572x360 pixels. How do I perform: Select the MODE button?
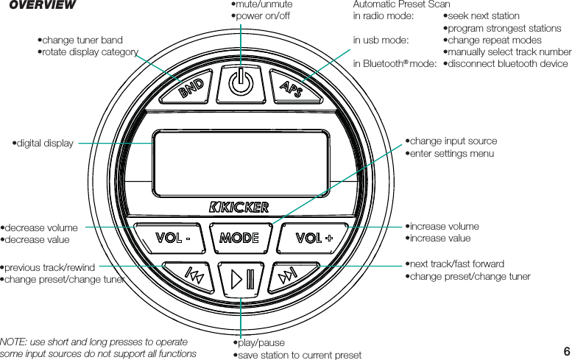[240, 238]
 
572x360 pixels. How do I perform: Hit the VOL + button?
[314, 238]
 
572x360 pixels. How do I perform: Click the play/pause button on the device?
[242, 278]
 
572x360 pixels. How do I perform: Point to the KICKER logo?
[239, 206]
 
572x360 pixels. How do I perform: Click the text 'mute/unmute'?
[264, 4]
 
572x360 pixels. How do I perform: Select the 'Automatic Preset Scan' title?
[402, 4]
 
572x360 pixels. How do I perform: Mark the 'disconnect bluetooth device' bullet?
[508, 64]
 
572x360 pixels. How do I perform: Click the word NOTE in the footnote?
[13, 342]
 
